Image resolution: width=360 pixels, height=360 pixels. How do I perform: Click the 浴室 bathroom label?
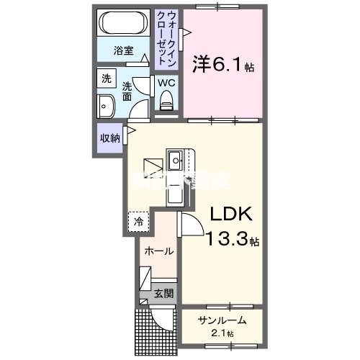pos(124,50)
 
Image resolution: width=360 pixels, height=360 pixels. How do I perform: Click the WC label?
pos(166,83)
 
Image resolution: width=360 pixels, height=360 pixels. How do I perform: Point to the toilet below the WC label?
pos(167,105)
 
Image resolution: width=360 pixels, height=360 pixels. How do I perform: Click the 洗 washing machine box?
pos(107,78)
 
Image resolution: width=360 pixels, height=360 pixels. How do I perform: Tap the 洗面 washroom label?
pos(127,89)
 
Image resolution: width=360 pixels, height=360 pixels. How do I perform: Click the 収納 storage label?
pos(110,138)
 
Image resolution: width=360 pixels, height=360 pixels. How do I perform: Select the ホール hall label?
pos(158,251)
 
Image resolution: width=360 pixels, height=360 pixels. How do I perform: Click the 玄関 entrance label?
pos(163,293)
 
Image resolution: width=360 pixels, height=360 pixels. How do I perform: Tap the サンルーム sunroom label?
pos(222,320)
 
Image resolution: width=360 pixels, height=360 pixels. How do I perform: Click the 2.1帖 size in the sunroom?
pos(223,333)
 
